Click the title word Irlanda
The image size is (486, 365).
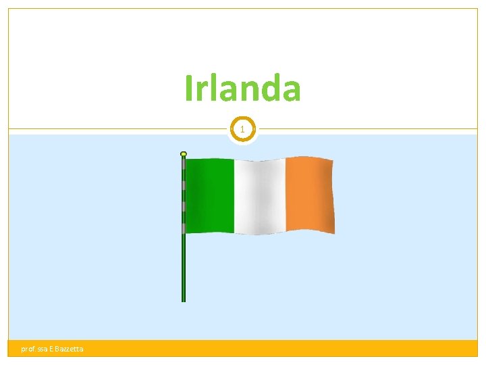243,89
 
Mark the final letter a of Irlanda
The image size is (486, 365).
290,92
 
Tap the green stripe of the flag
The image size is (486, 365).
209,196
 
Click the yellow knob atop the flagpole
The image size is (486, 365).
183,154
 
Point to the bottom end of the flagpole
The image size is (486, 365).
183,299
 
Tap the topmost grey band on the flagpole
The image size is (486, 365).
183,164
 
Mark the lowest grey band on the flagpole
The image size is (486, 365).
183,228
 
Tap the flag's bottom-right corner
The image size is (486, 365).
334,233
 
